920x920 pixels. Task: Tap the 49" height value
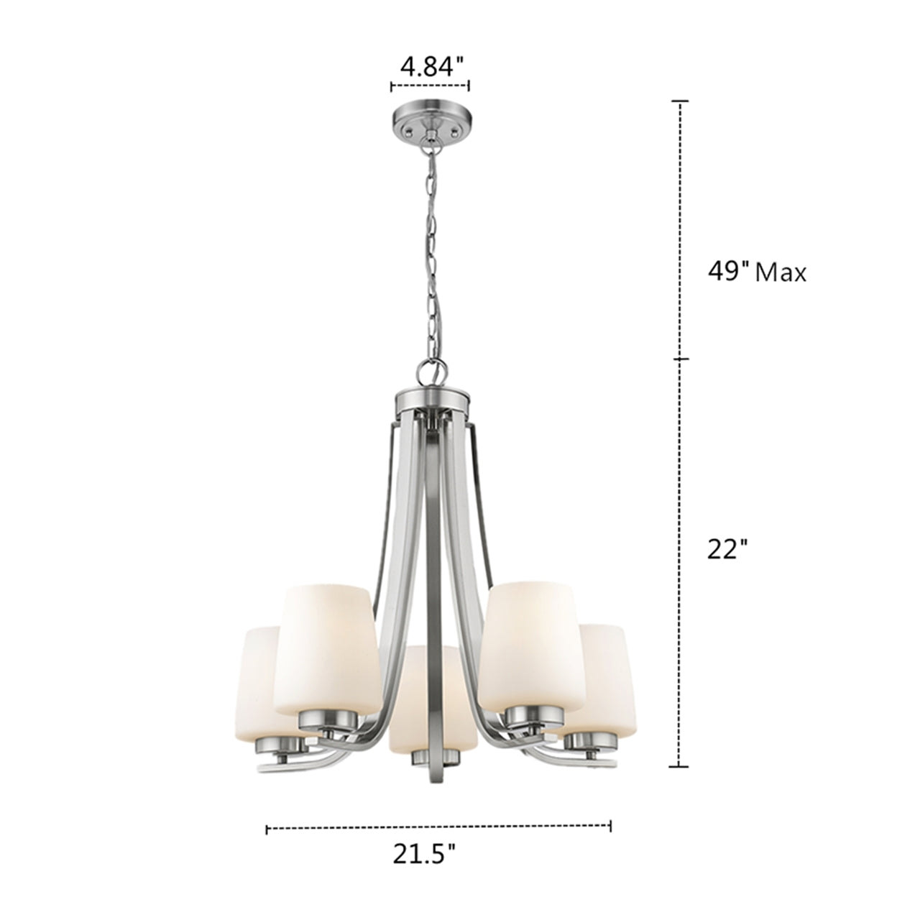pos(728,272)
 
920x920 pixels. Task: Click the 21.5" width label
pos(424,854)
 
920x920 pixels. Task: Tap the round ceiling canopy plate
pos(429,119)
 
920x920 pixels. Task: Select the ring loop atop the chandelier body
pos(429,372)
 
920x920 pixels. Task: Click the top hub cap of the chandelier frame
pos(431,397)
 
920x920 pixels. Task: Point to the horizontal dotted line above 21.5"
pos(438,829)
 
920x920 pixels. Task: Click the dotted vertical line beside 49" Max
pos(679,230)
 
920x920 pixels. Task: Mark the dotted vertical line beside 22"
pos(679,561)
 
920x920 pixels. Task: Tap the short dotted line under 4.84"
pos(430,87)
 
